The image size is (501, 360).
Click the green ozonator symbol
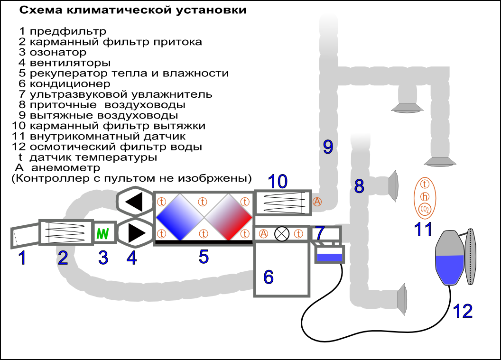(103, 233)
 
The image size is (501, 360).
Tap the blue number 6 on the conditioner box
(269, 277)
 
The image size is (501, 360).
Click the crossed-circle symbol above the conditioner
(282, 233)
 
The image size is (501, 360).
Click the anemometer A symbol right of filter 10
(317, 202)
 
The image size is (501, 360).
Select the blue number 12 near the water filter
(463, 311)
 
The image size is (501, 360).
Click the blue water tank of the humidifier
(329, 257)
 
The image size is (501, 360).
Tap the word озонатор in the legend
(58, 52)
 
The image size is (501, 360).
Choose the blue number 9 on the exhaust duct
(328, 147)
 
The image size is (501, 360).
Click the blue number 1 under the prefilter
(22, 258)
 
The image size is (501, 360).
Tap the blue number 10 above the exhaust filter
(278, 181)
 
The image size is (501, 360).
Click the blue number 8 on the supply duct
(359, 186)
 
